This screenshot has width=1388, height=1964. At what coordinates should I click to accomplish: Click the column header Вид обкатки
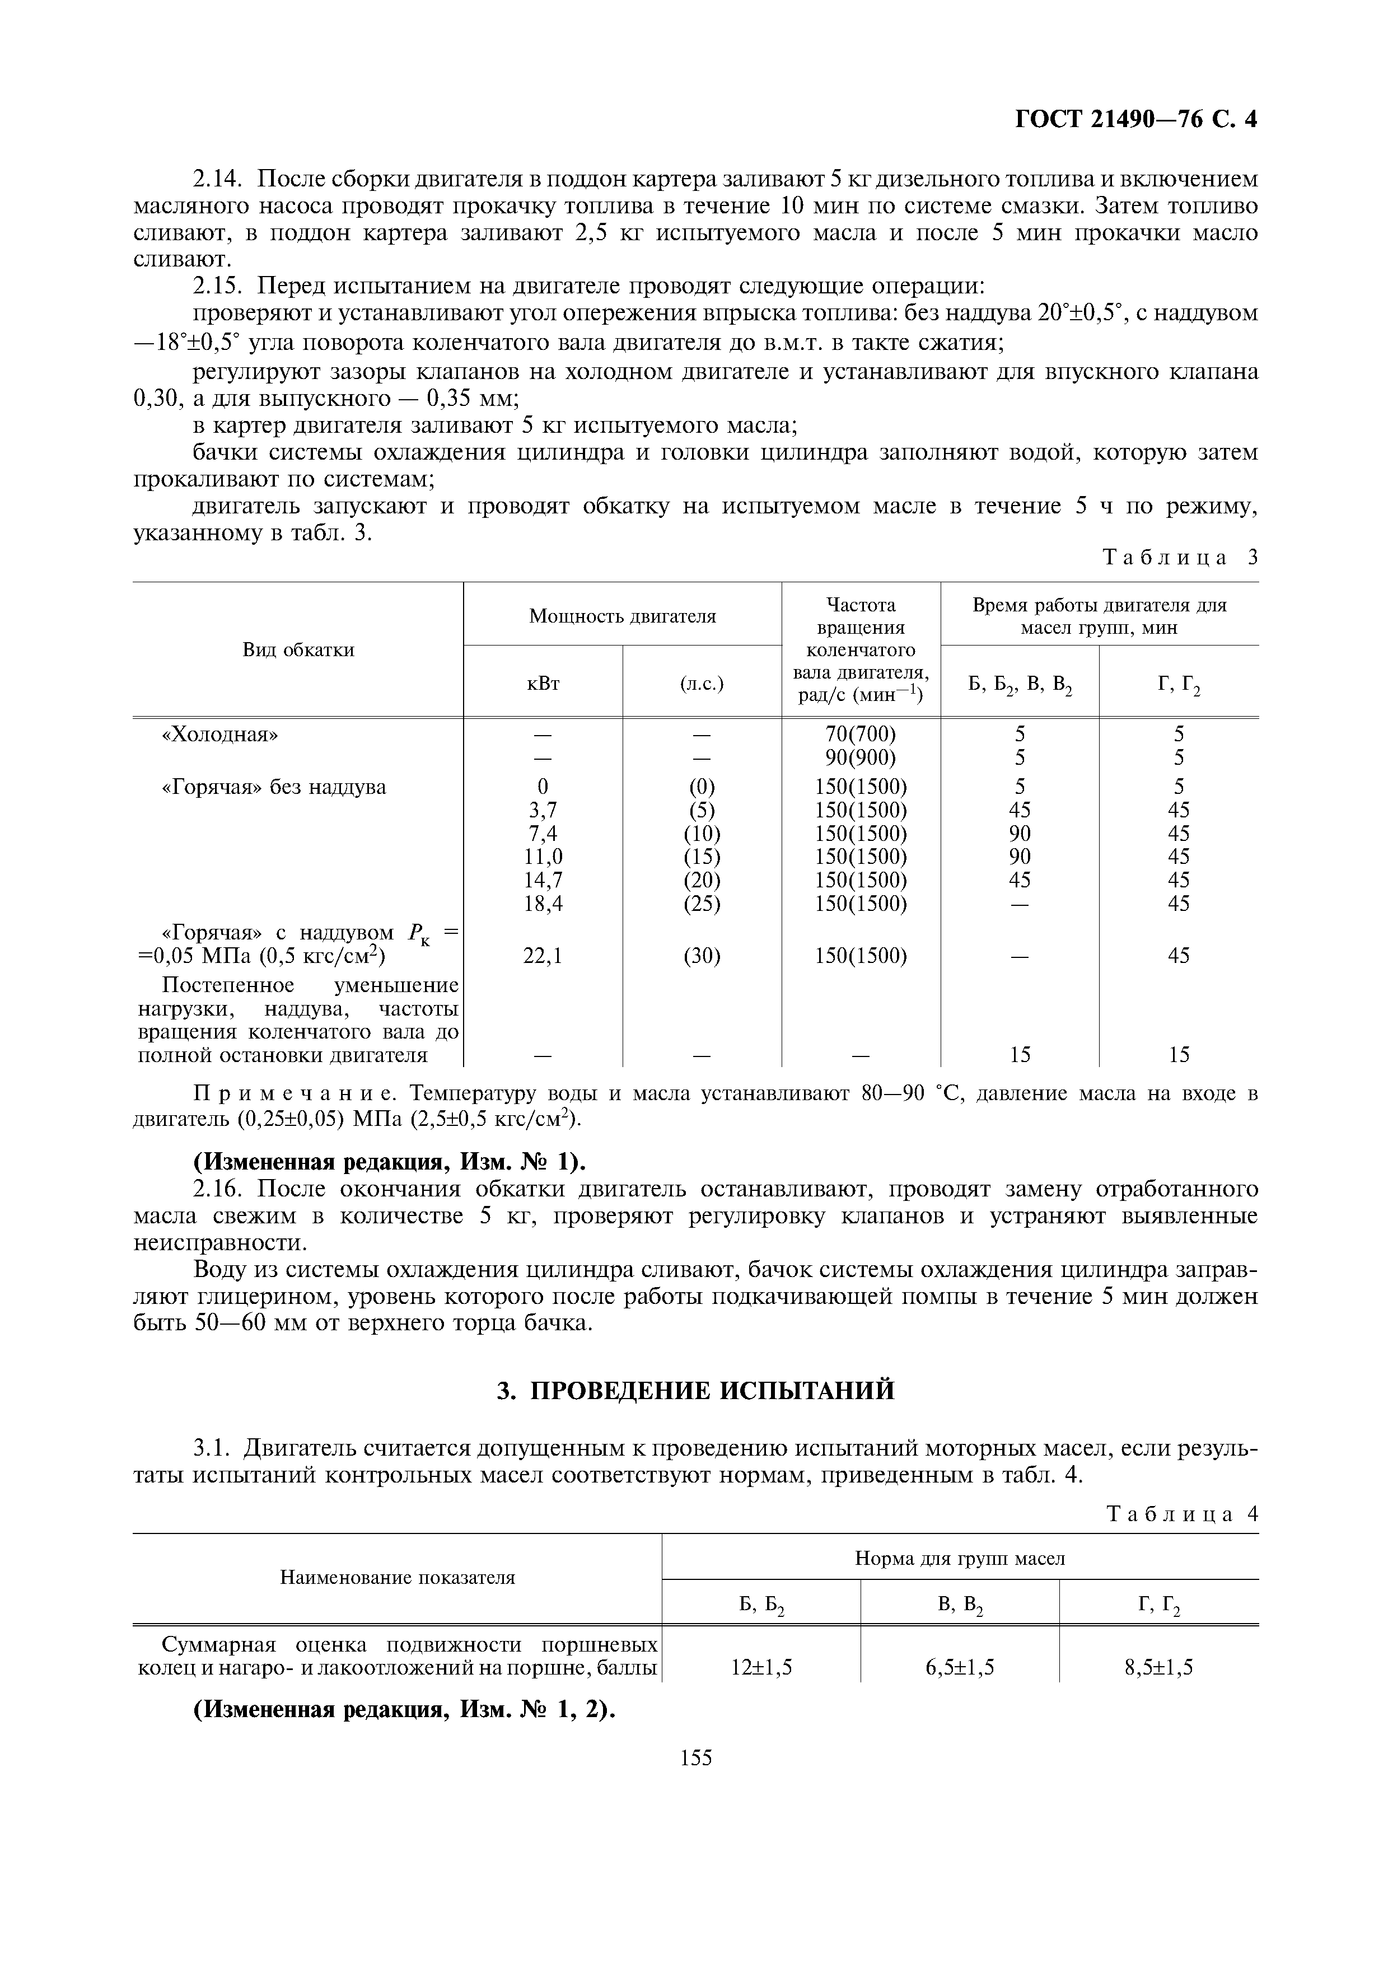coord(298,649)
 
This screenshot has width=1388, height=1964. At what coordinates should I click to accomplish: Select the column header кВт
coord(543,682)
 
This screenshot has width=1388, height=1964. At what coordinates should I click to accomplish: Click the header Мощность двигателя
coord(621,615)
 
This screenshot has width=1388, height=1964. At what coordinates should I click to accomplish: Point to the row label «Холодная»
coord(221,734)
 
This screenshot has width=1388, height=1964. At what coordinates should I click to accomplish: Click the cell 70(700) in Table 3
coord(861,734)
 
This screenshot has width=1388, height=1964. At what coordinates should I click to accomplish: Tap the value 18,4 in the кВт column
coord(543,903)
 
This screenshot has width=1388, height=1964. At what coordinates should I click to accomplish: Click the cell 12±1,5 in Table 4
coord(761,1666)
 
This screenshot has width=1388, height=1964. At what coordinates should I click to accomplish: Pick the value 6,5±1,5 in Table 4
coord(960,1666)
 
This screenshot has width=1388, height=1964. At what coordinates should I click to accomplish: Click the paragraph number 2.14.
coord(219,179)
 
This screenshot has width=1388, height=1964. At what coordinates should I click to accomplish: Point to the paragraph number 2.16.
coord(219,1189)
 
